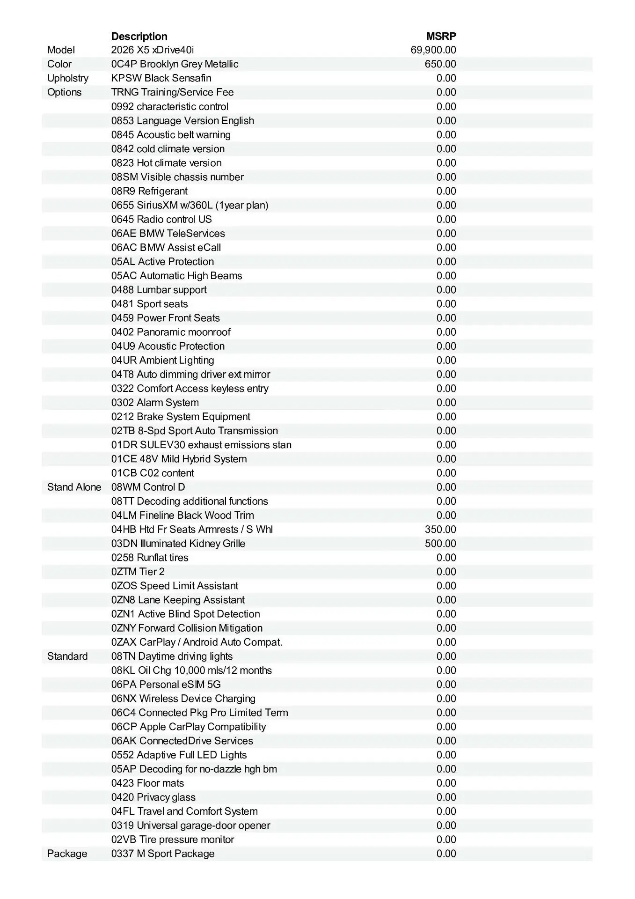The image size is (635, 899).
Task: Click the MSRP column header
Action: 441,36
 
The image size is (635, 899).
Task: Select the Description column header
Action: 139,36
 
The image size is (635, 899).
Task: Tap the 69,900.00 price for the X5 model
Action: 433,50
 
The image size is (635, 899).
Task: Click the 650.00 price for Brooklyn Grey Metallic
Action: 440,64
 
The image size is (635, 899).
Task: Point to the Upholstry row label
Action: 68,78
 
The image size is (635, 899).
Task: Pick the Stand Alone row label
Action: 74,487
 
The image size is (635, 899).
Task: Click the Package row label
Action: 67,854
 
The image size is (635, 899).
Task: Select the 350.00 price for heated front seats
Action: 440,529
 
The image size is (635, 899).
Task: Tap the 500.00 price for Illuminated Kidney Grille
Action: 440,543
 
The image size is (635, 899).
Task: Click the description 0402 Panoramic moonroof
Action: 171,332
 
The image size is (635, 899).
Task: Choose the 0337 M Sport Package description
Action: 163,854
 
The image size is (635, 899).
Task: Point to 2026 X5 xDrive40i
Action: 153,50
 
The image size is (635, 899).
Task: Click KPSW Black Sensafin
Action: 161,78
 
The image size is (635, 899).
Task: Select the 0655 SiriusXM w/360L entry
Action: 190,205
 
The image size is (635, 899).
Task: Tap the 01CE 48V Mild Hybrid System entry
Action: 179,459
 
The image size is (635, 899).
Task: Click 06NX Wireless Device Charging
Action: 183,699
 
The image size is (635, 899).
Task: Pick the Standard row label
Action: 67,656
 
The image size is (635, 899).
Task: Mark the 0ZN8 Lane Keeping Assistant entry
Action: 178,600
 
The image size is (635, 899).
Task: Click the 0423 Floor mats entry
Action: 147,783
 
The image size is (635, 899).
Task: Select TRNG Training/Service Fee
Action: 172,92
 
